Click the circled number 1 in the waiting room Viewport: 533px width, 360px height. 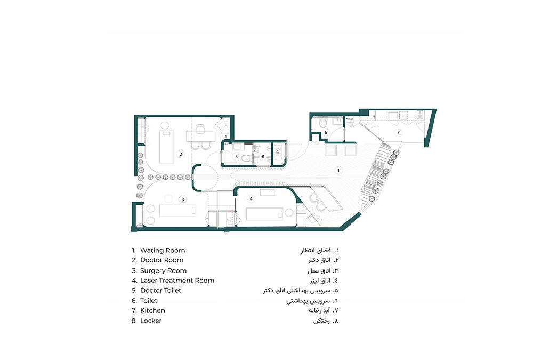point(338,170)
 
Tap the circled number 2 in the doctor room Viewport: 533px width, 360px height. point(181,155)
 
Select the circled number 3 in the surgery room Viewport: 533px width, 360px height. point(183,199)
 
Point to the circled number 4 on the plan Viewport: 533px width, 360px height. point(252,199)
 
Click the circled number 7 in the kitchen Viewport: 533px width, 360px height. point(397,132)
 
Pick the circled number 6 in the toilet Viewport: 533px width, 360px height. point(326,132)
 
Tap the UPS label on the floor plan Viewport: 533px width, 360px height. point(278,151)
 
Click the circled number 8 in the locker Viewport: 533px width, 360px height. point(263,156)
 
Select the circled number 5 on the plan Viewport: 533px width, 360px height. point(237,156)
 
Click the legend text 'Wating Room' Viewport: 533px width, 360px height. point(163,250)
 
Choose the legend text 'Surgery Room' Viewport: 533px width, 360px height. point(164,270)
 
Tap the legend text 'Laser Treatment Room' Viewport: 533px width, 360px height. point(177,281)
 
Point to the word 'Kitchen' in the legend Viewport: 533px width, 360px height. point(152,310)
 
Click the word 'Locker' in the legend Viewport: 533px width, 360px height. point(151,321)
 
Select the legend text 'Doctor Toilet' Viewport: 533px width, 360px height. point(161,290)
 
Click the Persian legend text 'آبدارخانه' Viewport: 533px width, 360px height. point(319,310)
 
